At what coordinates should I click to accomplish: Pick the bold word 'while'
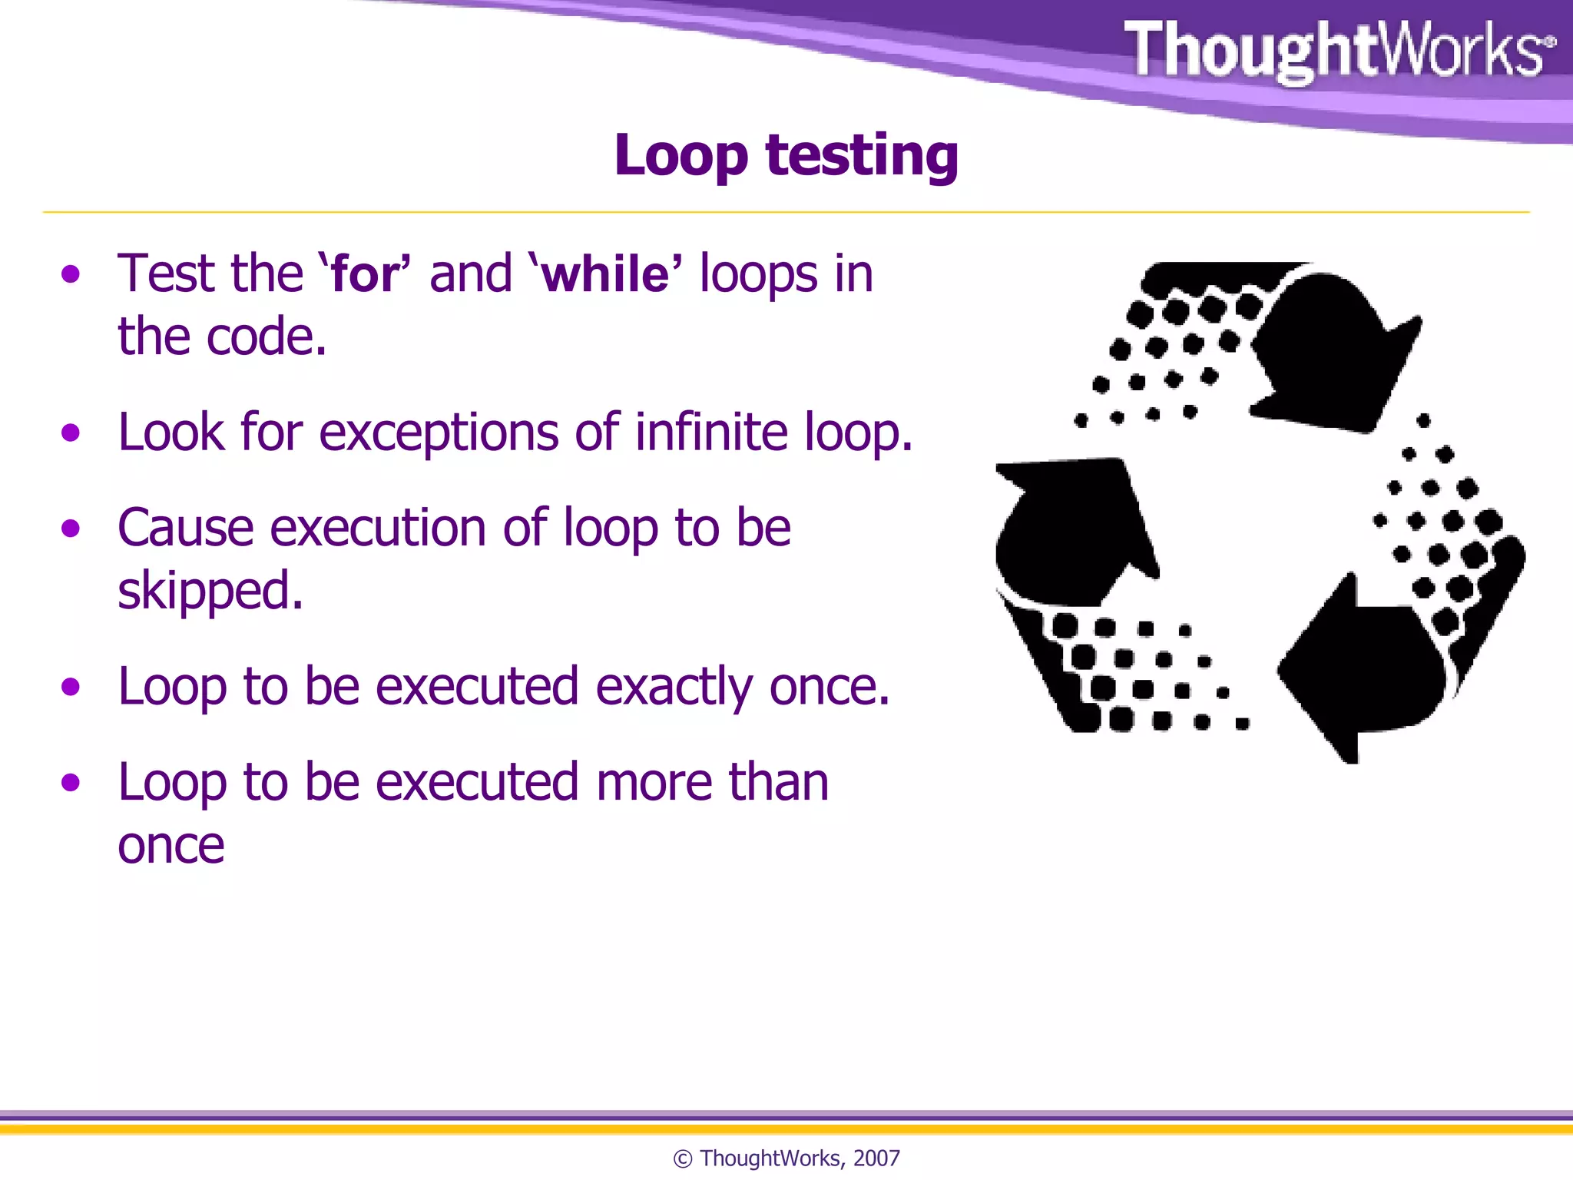[605, 274]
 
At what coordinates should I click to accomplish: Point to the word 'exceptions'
[438, 433]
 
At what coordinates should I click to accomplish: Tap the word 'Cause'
[185, 529]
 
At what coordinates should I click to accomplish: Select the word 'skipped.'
[210, 592]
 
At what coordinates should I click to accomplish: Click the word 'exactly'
[674, 687]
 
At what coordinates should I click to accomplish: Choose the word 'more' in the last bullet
[654, 783]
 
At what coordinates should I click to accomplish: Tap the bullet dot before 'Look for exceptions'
[71, 433]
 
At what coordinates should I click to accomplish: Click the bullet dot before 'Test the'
[71, 274]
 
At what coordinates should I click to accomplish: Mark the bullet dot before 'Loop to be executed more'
[71, 783]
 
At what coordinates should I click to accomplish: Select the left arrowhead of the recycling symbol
[1071, 530]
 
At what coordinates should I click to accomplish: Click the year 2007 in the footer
[876, 1158]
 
